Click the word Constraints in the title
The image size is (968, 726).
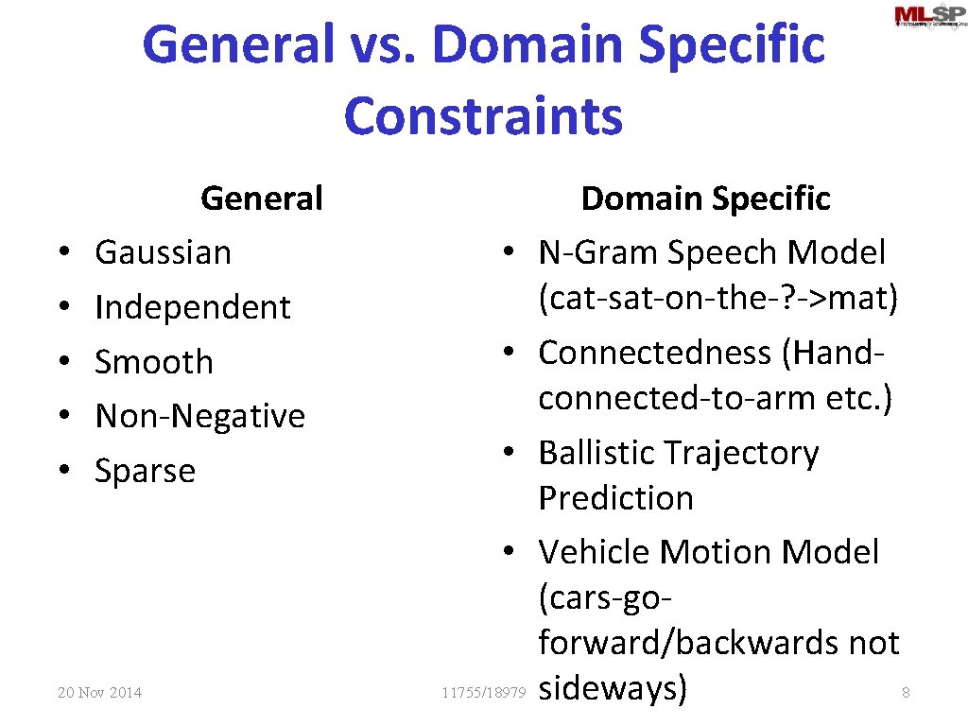[483, 116]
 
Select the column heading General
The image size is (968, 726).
[262, 199]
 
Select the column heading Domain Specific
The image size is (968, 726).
[705, 199]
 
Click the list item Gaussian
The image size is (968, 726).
[163, 252]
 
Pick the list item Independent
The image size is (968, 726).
[193, 307]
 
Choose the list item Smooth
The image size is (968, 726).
[154, 362]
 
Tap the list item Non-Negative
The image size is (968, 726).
[200, 416]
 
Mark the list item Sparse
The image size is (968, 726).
[145, 471]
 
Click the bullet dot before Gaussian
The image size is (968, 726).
[62, 253]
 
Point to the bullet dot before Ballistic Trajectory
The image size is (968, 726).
[509, 454]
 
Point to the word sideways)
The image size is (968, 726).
[613, 688]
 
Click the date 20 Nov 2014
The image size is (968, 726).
[99, 693]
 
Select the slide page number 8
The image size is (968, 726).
[906, 693]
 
